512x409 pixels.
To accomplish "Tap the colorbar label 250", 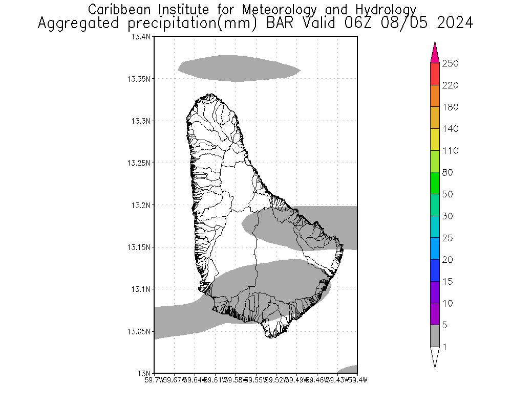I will click(451, 63).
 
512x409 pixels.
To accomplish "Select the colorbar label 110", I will click(451, 151).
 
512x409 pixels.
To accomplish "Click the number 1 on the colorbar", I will click(445, 347).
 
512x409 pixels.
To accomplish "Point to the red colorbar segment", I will click(435, 74).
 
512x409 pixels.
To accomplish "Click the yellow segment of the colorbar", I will click(435, 140).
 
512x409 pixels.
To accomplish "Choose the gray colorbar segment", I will click(435, 336).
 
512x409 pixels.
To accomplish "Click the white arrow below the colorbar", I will click(435, 356).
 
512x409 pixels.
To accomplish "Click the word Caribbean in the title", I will click(115, 10).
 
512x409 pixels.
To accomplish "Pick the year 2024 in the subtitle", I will click(453, 24).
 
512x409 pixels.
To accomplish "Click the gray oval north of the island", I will click(239, 69).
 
